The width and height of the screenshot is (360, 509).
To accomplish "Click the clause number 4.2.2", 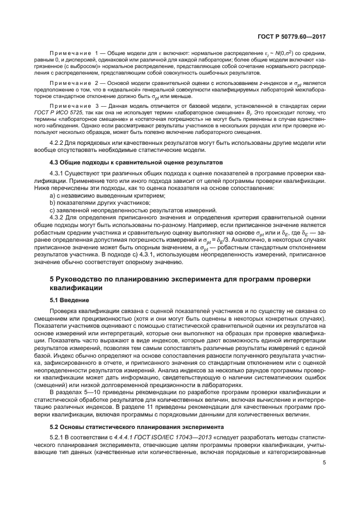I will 57,143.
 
